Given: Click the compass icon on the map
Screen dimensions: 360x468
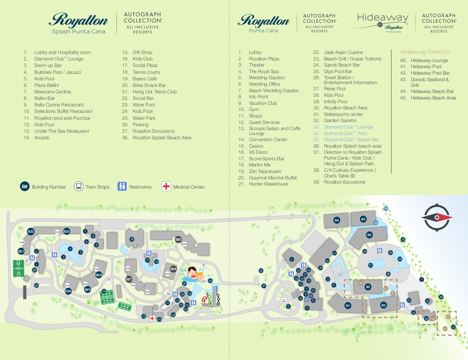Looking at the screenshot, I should [x=437, y=218].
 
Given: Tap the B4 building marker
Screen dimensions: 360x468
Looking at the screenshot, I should [x=337, y=220].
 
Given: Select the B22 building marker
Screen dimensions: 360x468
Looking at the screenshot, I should [x=31, y=231].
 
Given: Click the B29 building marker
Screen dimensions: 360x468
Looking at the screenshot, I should [x=178, y=240].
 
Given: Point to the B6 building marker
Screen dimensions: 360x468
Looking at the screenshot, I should [x=369, y=235].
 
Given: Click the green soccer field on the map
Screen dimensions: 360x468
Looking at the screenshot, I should [x=18, y=269].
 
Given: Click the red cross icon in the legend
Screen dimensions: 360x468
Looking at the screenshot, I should [x=166, y=187].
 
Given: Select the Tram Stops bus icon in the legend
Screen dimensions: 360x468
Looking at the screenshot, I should [x=78, y=187].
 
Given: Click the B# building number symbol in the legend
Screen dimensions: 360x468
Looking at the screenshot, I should [x=25, y=187].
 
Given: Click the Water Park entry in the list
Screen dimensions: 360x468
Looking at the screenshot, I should [x=144, y=118].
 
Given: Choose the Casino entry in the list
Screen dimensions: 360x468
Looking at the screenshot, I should [x=256, y=146].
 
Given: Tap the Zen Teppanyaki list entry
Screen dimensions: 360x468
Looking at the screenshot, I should [x=265, y=171].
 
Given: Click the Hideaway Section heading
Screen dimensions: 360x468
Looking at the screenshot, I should [x=425, y=52].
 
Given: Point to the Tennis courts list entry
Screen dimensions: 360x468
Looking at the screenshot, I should [x=146, y=72].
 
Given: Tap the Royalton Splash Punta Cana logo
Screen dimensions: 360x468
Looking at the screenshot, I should [x=79, y=23].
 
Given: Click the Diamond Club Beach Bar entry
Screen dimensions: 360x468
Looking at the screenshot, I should [x=351, y=140].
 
